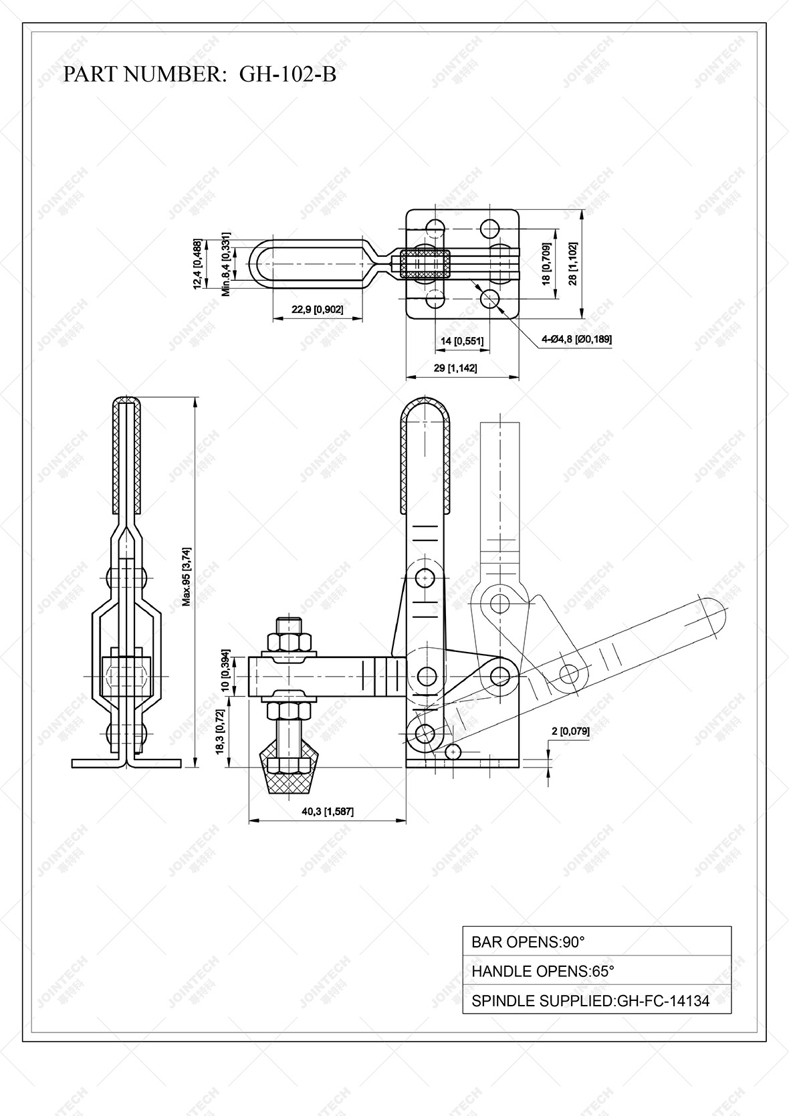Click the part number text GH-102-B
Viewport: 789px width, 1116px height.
(x=288, y=74)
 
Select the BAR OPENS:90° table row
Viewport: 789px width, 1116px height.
(x=596, y=942)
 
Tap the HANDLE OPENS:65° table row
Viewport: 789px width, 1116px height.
(x=596, y=971)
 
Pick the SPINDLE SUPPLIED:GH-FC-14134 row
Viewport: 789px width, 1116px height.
(x=596, y=1000)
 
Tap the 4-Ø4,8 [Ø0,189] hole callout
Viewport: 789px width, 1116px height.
(x=576, y=339)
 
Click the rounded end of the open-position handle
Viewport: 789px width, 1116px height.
(x=713, y=615)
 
